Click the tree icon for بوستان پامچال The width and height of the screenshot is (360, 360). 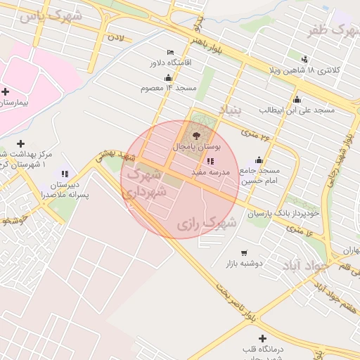196,134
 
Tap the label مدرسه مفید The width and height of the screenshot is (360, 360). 222,172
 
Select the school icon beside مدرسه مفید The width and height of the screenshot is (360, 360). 210,161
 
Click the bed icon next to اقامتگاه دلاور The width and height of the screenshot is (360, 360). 171,52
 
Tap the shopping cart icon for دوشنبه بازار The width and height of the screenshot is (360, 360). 244,253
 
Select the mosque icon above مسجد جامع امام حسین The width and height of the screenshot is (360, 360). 259,160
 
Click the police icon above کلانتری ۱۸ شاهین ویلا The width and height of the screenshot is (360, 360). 304,59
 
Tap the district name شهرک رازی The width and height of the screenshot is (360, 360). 206,224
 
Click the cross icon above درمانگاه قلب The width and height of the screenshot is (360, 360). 262,338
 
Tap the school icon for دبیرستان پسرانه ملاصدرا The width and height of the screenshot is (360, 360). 65,174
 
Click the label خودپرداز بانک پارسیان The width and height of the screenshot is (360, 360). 285,212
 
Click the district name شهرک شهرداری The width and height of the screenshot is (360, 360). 146,181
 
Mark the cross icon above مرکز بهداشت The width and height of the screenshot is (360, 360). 20,143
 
